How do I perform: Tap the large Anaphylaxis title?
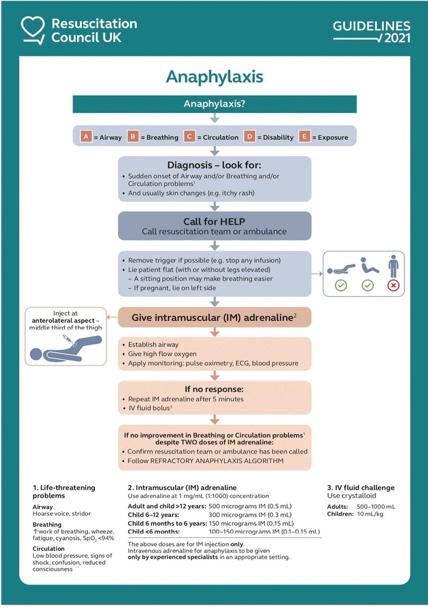214,76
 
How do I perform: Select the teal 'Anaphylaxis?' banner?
214,104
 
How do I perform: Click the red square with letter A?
86,137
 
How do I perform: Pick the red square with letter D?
250,137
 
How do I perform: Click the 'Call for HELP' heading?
214,221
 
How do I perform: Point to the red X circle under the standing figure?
393,285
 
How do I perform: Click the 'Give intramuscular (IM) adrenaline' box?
214,317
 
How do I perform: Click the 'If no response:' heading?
214,388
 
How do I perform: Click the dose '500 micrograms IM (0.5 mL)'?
250,505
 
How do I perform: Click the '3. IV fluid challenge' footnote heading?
361,487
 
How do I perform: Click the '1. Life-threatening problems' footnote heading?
64,492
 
